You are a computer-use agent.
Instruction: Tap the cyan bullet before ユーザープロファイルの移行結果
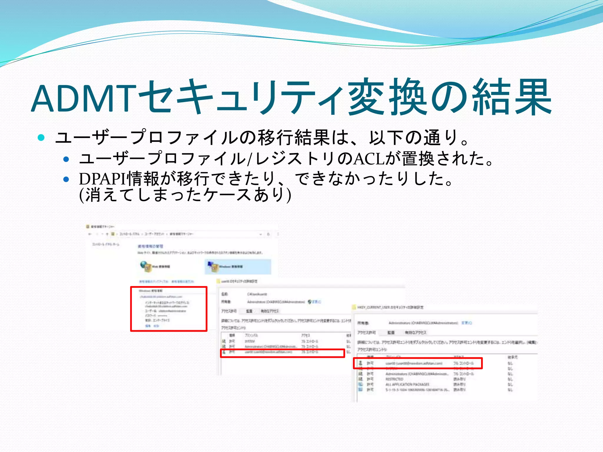41,137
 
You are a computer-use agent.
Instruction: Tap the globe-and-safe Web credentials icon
145,266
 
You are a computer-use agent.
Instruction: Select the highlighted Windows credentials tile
238,267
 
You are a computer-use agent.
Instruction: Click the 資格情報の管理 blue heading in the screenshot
150,246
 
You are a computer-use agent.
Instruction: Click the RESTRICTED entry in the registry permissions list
394,379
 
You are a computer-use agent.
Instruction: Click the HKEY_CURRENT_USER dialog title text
390,307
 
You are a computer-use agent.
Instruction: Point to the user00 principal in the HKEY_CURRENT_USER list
414,363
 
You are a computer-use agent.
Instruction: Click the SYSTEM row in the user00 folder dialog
249,341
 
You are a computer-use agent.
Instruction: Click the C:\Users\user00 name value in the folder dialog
257,294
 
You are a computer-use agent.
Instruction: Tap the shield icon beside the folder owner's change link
309,302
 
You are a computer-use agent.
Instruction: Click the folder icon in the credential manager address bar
113,234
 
